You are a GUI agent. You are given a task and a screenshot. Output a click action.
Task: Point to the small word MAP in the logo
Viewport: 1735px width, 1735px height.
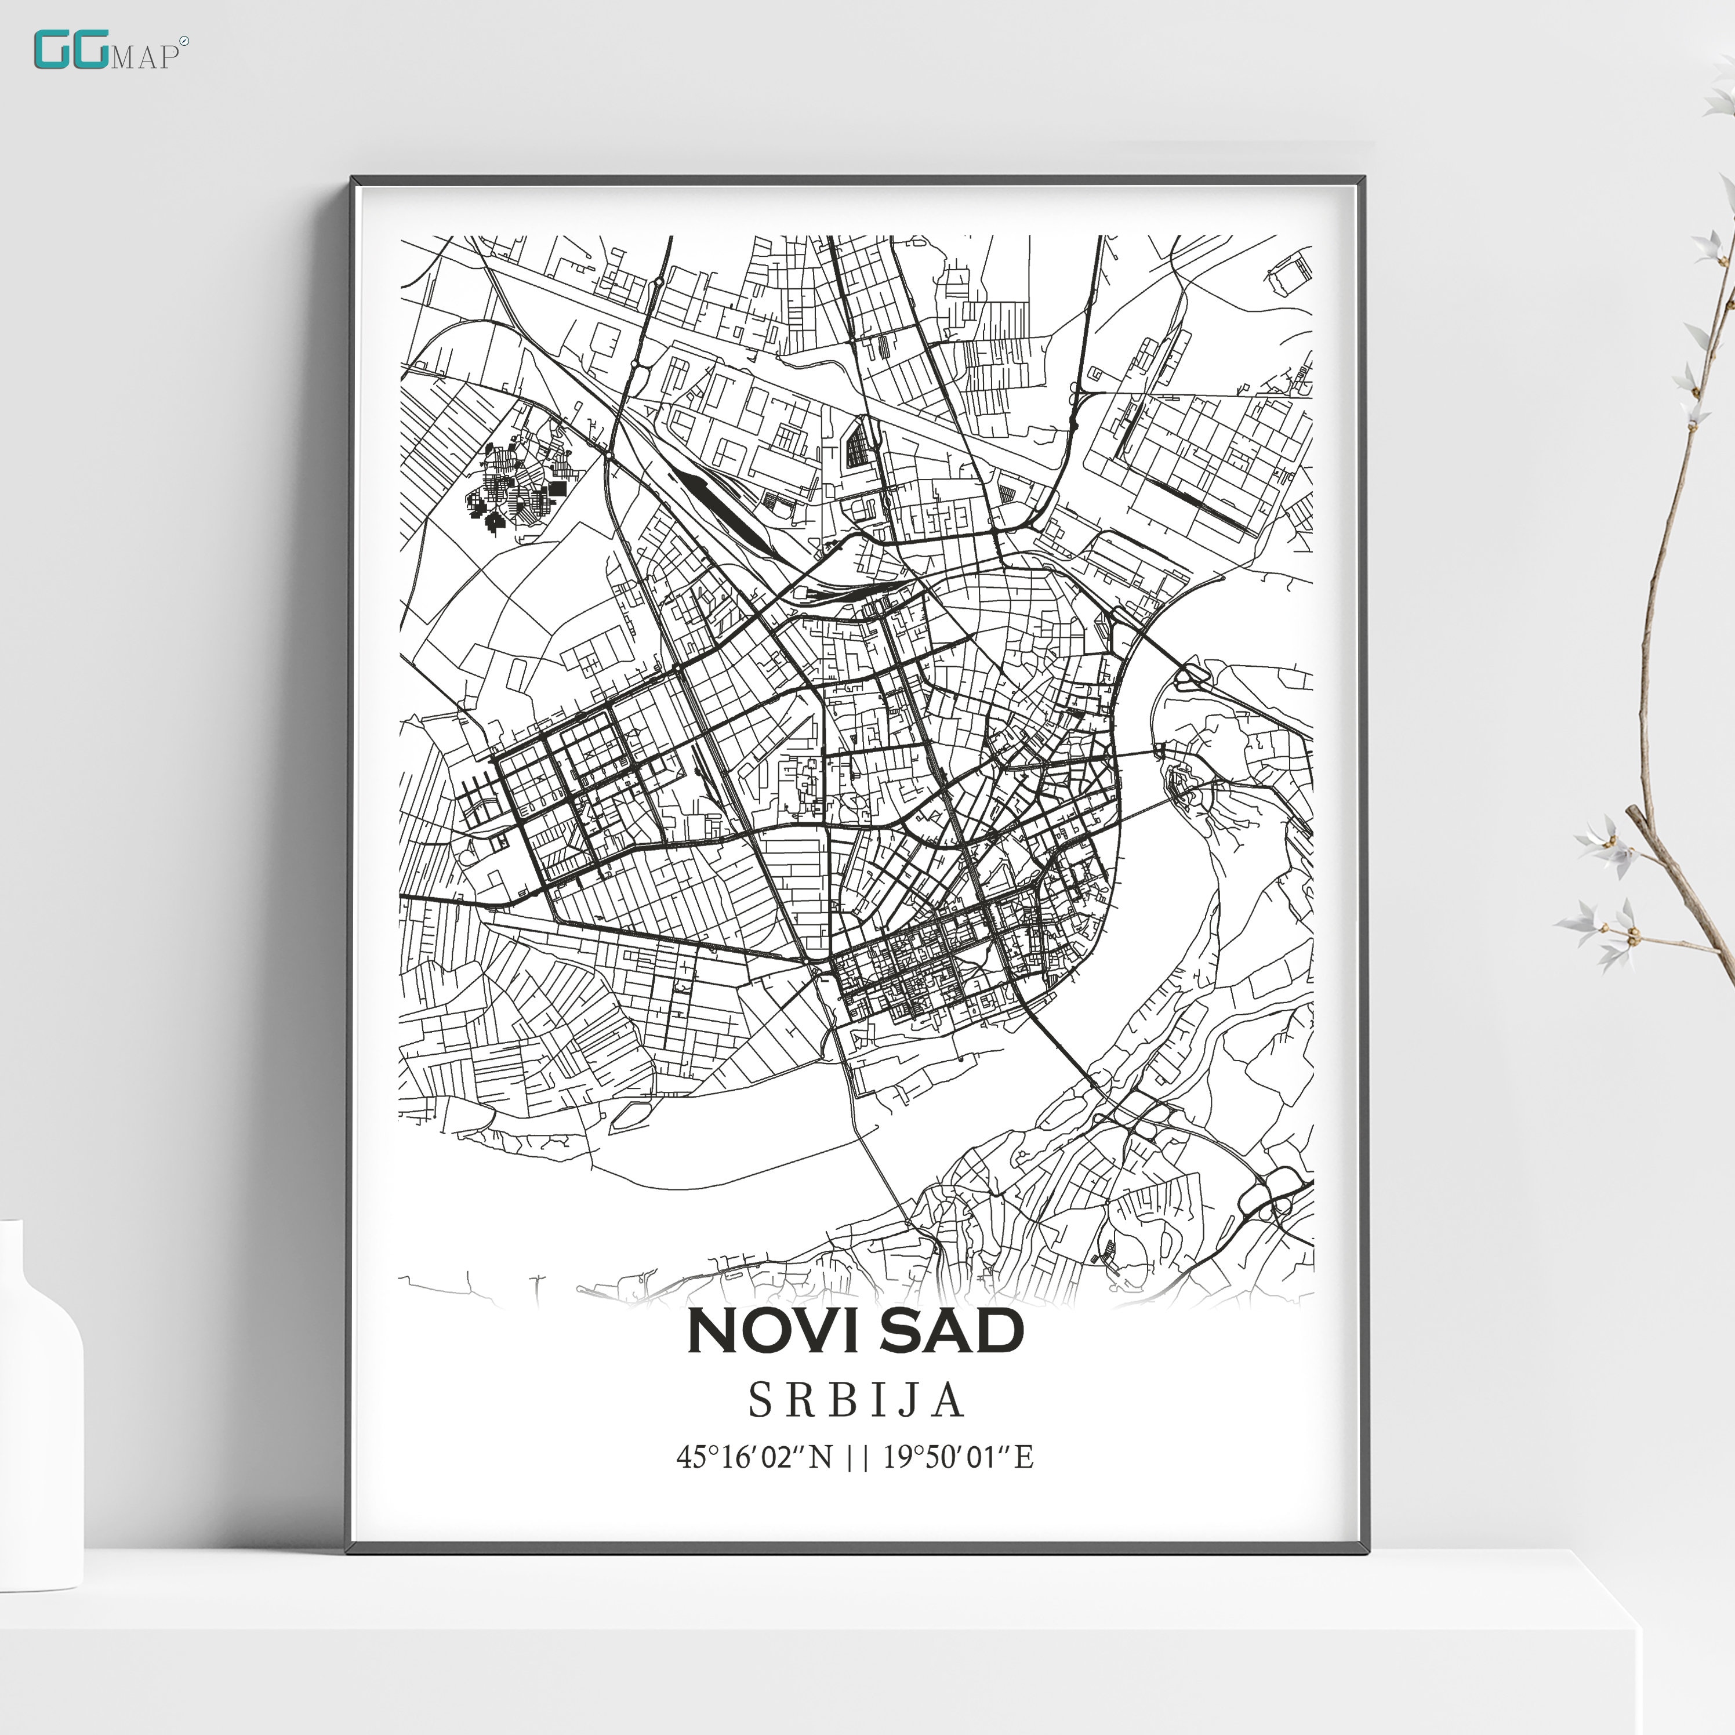point(144,57)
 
